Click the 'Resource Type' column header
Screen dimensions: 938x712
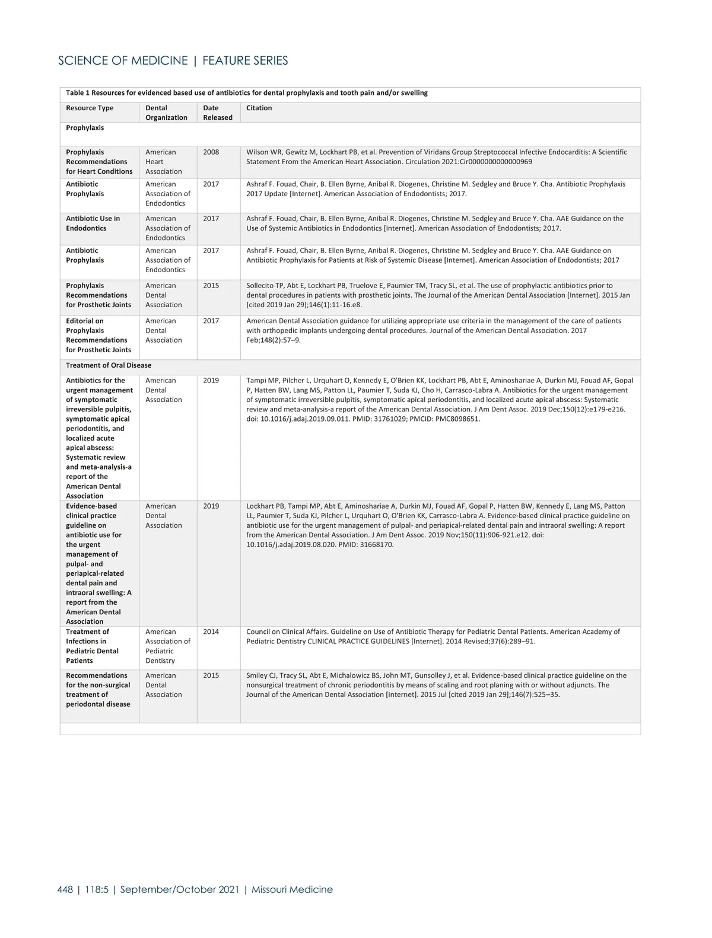(90, 108)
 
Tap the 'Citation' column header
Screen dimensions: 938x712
(259, 108)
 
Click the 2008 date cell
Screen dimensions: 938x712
(211, 152)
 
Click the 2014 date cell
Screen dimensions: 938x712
(211, 632)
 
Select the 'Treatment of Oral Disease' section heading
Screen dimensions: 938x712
(109, 365)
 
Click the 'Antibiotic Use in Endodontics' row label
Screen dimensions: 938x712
(93, 224)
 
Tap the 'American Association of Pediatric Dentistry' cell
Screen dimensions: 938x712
(167, 646)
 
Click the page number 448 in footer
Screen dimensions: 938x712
(65, 889)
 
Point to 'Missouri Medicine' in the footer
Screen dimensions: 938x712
(292, 889)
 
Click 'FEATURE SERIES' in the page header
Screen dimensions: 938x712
(245, 60)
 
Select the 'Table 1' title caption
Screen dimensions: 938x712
(246, 93)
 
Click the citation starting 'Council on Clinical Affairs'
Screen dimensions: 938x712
(433, 637)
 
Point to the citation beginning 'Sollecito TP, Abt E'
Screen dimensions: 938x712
(438, 295)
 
